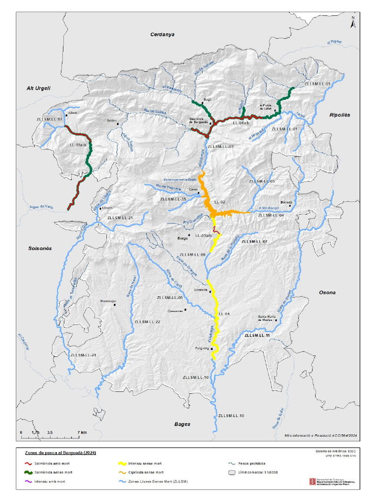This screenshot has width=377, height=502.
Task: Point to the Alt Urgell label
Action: [38, 88]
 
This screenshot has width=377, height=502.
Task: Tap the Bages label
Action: [182, 424]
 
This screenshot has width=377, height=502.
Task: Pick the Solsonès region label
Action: [40, 249]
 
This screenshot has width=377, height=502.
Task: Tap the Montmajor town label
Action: [108, 301]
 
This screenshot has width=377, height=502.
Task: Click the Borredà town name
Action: [286, 202]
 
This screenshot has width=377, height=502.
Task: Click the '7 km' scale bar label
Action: [82, 432]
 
